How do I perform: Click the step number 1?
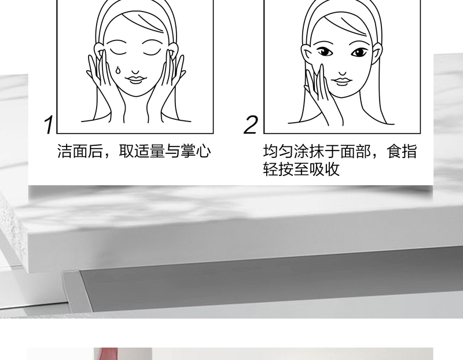(x=49, y=125)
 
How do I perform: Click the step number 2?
(x=251, y=125)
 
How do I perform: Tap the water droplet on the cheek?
(x=117, y=70)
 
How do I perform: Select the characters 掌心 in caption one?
(x=196, y=151)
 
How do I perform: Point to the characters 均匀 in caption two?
(x=278, y=151)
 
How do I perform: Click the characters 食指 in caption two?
(x=402, y=151)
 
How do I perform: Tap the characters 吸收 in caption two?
(x=324, y=169)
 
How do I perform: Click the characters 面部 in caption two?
(x=355, y=151)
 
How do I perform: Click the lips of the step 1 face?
(x=135, y=80)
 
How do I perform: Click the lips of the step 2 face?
(x=341, y=81)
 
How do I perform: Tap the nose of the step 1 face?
(x=135, y=72)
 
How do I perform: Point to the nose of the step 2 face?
(x=343, y=73)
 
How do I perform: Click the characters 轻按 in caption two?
(x=278, y=169)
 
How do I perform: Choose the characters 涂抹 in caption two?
(x=309, y=151)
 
